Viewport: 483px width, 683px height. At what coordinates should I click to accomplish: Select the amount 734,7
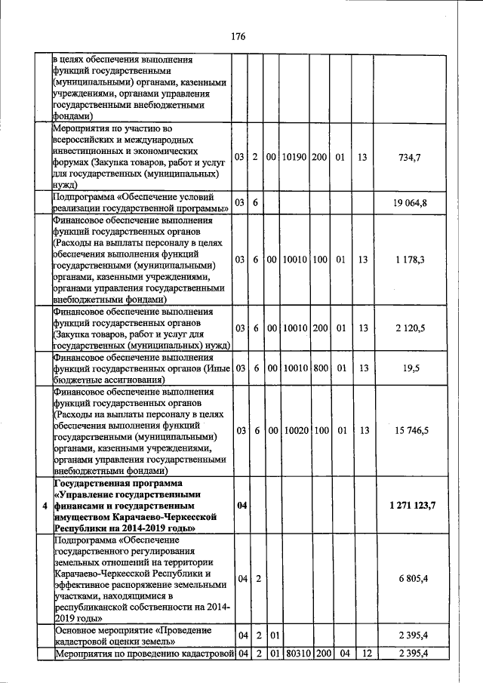409,156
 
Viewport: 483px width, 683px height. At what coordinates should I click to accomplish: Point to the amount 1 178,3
409,259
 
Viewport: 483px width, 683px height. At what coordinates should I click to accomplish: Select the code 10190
294,156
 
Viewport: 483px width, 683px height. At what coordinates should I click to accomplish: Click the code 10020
294,430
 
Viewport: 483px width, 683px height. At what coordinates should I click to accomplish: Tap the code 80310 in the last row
294,653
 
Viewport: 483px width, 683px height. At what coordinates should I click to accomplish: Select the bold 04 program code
242,505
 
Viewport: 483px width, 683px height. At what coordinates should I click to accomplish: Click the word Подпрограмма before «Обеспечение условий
83,197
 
